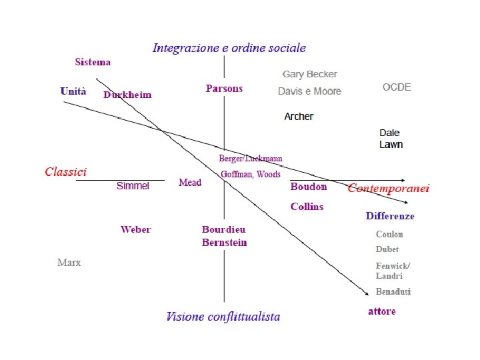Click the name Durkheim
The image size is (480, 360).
[x=127, y=95]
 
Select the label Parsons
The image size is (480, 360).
[x=224, y=89]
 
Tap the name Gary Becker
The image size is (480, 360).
[x=309, y=75]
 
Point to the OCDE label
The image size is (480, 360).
[x=397, y=87]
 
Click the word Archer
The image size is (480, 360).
[x=299, y=117]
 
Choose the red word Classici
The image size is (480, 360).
[x=65, y=172]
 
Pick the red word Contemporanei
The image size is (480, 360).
[x=389, y=189]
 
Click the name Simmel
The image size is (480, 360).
[x=133, y=186]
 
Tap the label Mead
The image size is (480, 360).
[x=190, y=183]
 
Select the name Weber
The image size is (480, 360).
[x=136, y=230]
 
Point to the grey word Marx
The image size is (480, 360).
[x=69, y=263]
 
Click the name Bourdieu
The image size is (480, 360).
[x=224, y=230]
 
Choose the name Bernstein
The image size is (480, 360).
[x=225, y=243]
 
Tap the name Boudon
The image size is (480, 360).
[x=309, y=187]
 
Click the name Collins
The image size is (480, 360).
[x=307, y=207]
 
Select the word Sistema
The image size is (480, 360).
[x=93, y=63]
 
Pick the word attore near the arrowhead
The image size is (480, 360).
[x=382, y=311]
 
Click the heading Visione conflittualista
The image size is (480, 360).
[x=223, y=317]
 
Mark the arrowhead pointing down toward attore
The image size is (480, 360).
[x=366, y=293]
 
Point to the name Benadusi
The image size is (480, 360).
[x=393, y=292]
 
